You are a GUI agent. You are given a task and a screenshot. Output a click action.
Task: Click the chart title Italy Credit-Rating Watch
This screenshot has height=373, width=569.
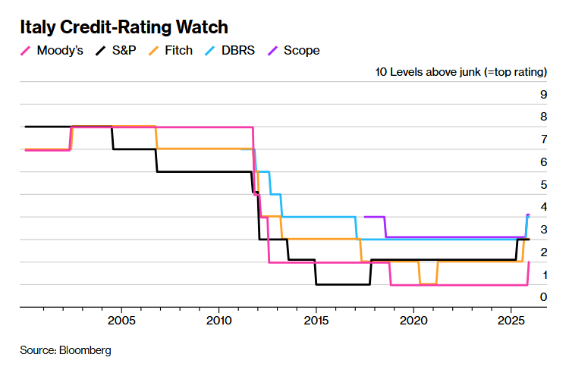pyautogui.click(x=124, y=27)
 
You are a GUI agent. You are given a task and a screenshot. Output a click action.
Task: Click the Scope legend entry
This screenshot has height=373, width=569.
pyautogui.click(x=300, y=51)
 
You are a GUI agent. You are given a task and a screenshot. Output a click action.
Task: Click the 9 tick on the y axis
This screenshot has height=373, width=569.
pyautogui.click(x=543, y=95)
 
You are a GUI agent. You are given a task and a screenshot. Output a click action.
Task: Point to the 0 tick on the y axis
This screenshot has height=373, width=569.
pyautogui.click(x=543, y=296)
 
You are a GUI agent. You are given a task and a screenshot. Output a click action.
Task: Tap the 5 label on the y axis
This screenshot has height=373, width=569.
pyautogui.click(x=543, y=184)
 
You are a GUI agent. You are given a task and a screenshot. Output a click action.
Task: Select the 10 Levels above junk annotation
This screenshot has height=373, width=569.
pyautogui.click(x=461, y=72)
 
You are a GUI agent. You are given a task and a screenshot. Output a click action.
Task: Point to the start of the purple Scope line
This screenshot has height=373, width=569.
pyautogui.click(x=366, y=217)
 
